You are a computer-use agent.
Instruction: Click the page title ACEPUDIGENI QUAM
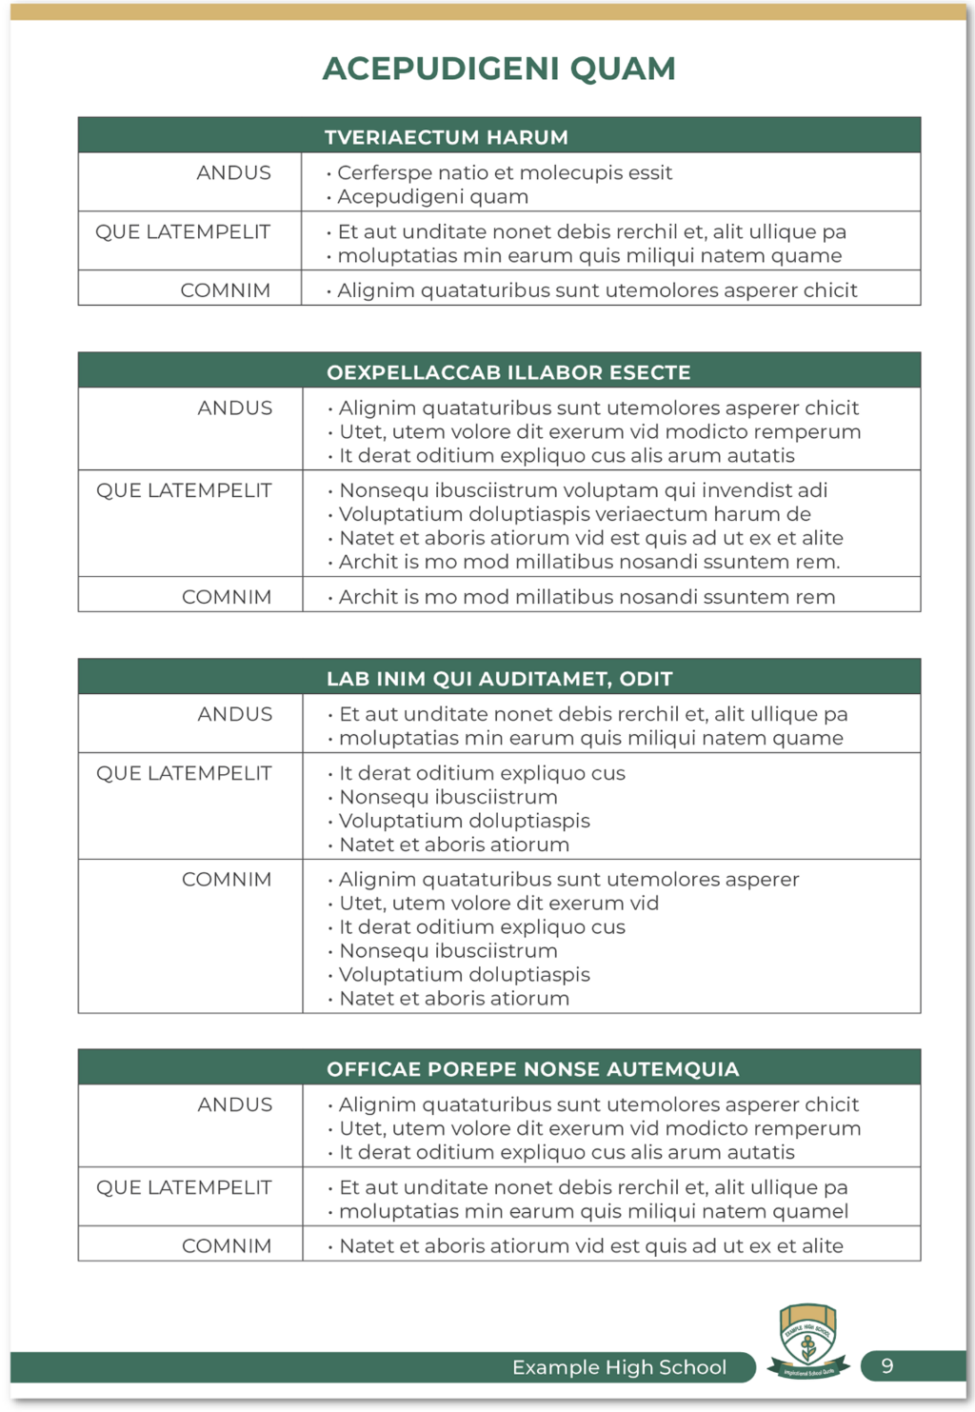(x=499, y=69)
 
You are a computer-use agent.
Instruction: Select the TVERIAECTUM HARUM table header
(x=446, y=137)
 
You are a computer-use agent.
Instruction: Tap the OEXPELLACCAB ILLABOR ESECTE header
(x=508, y=372)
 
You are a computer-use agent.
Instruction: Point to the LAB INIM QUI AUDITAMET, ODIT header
(x=499, y=679)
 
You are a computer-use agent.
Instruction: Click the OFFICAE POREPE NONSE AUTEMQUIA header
(x=532, y=1069)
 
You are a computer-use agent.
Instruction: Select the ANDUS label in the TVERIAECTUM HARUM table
(x=233, y=173)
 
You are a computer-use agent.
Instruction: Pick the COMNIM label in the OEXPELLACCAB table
(x=227, y=597)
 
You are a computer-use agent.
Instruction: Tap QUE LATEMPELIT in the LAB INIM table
(x=184, y=773)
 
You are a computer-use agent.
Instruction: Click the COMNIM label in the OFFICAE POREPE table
(x=227, y=1246)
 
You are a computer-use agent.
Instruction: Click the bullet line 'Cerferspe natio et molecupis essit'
(x=504, y=173)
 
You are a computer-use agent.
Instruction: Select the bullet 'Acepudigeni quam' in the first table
(x=432, y=197)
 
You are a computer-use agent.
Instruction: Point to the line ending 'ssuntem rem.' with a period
(x=588, y=562)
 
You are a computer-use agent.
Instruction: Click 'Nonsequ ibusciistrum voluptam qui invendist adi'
(x=583, y=490)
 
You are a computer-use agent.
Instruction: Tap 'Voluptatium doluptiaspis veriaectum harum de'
(x=575, y=514)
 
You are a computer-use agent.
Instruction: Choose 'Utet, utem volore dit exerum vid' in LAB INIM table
(x=498, y=904)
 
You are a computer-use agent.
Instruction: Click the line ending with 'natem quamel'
(x=592, y=1211)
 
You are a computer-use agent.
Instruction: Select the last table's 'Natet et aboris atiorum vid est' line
(x=590, y=1246)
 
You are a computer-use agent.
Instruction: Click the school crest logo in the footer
(x=807, y=1342)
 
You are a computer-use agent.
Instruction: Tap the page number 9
(x=887, y=1366)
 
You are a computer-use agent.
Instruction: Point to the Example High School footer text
(x=619, y=1368)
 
